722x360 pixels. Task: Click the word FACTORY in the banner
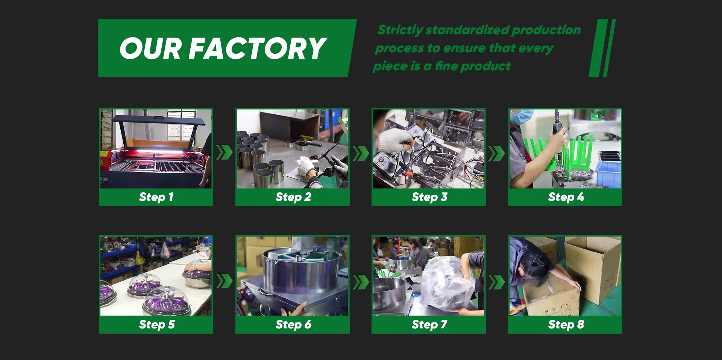point(258,49)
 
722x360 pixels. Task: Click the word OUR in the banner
point(151,49)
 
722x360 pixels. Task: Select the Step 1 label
point(156,197)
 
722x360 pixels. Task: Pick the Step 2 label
point(293,197)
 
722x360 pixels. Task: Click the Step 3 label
point(429,197)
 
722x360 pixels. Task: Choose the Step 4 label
point(566,197)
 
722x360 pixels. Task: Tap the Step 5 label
point(156,324)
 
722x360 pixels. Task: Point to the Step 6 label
point(293,324)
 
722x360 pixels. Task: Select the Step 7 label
point(429,324)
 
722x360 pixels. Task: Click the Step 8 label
point(566,324)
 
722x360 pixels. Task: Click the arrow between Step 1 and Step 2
point(224,153)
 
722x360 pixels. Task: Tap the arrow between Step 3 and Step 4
point(496,153)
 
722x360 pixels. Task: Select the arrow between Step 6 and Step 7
point(361,281)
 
